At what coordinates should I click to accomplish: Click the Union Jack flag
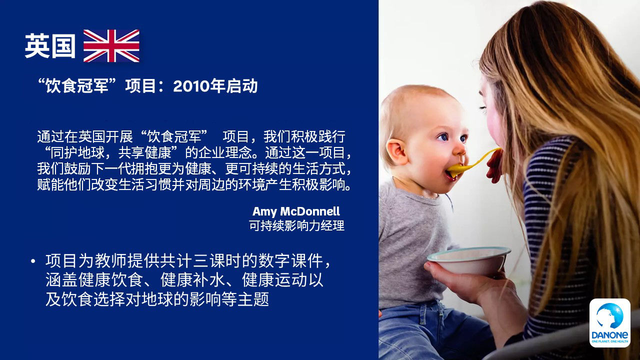coord(111,45)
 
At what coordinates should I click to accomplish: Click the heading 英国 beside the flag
coord(50,46)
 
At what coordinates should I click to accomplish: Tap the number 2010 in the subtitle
coord(191,86)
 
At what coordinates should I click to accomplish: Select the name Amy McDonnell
coord(296,211)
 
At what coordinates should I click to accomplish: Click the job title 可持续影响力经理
coord(296,225)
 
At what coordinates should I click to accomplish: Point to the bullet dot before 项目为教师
coord(33,261)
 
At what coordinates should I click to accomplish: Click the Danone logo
coord(609,323)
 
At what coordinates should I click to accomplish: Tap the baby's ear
coord(397,151)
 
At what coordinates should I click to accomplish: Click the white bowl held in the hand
coord(468,260)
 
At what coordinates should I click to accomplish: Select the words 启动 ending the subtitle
coord(242,86)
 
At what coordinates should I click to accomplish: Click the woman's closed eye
coord(483,108)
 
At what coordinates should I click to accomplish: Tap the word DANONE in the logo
coord(609,335)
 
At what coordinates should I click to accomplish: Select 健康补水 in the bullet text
coord(192,280)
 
